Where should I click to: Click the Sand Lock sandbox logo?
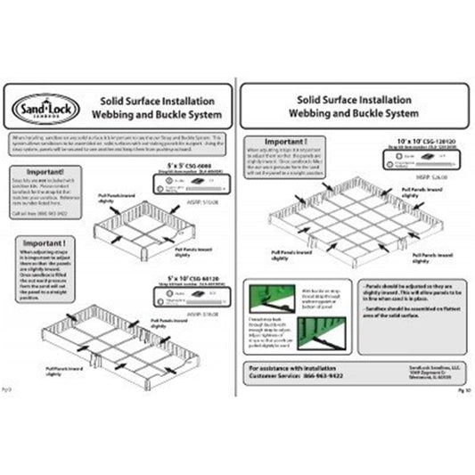(38, 111)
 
